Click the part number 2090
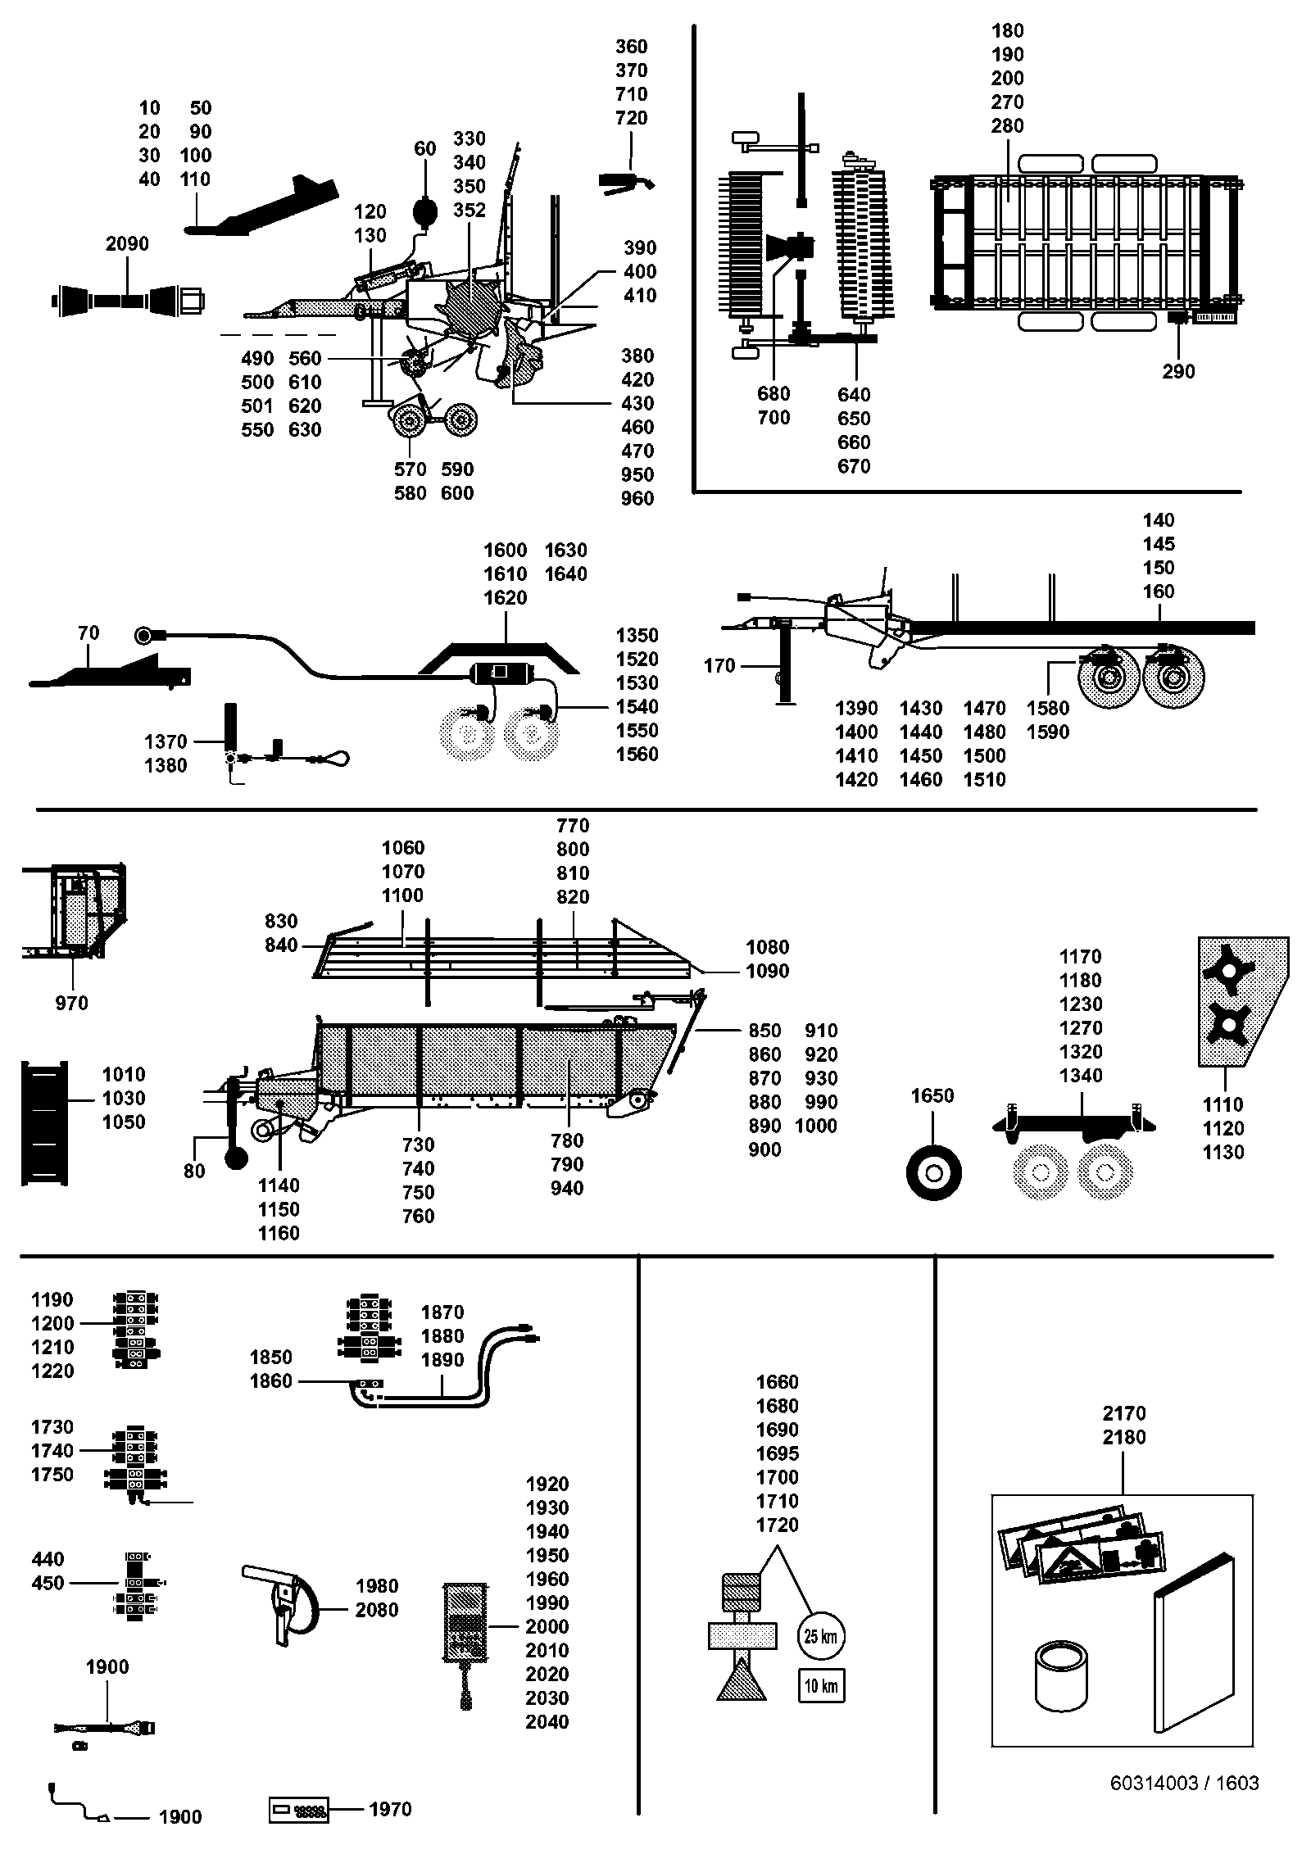pos(127,243)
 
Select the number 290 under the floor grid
pos(1178,371)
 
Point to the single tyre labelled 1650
pos(933,1172)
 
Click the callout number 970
pos(71,1003)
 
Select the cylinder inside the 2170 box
pos(1061,1675)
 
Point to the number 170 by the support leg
pos(719,666)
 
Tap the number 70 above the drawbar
pos(88,632)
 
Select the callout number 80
pos(194,1172)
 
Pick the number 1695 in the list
pos(777,1453)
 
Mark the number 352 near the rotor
pos(470,210)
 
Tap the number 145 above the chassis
pos(1159,543)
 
